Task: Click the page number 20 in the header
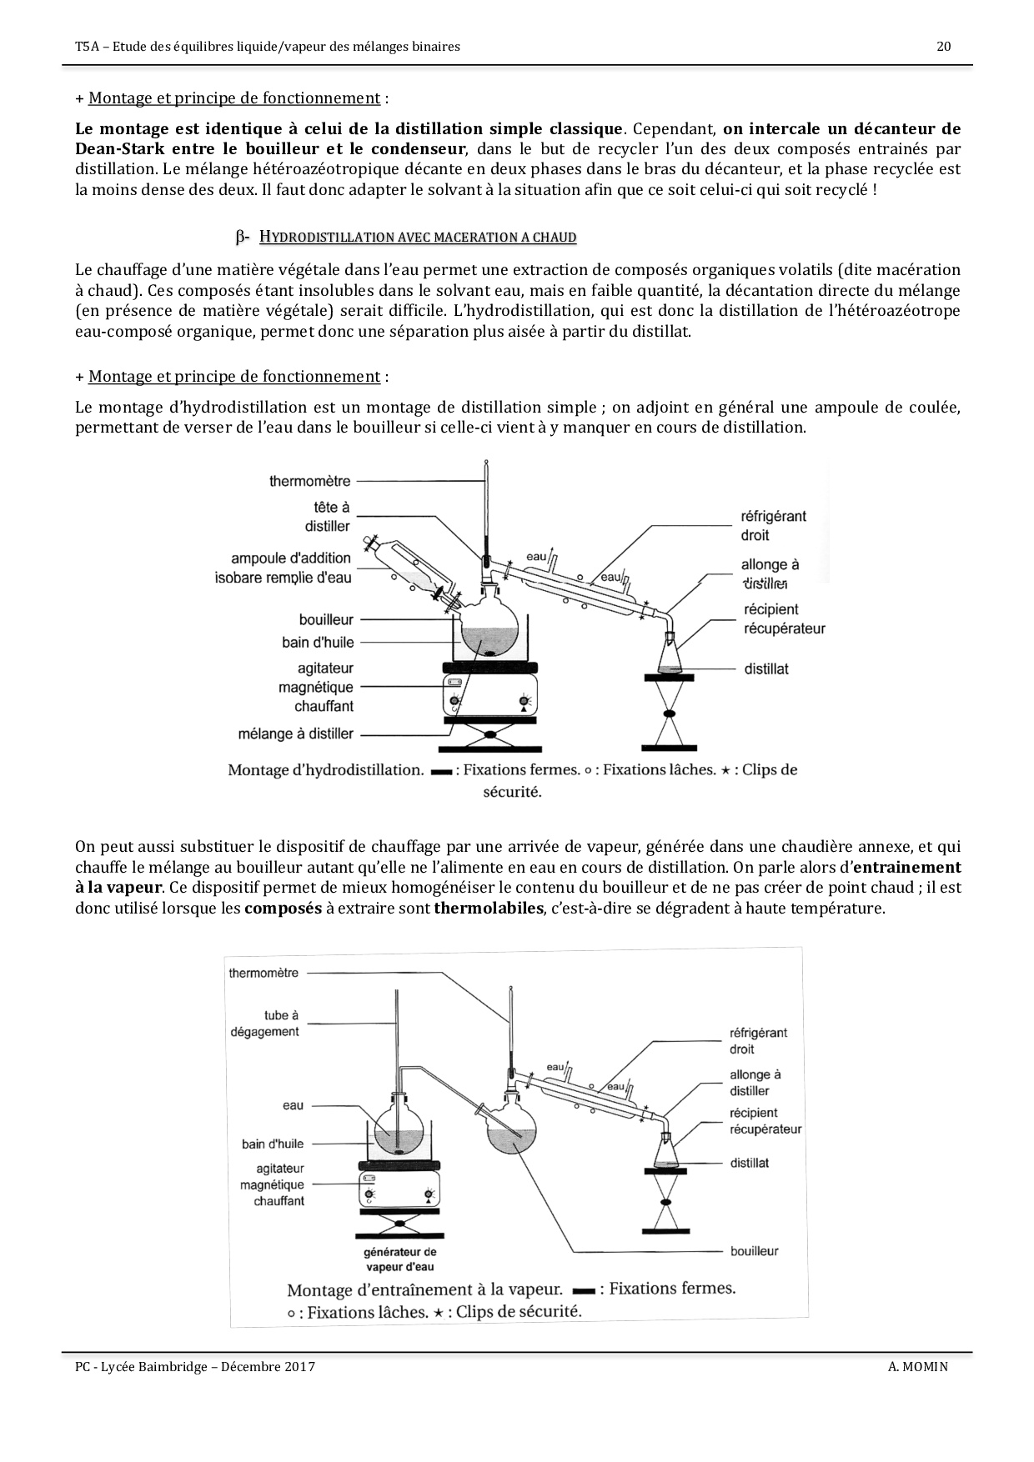coord(944,47)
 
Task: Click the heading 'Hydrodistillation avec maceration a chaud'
coord(418,238)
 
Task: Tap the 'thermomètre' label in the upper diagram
coord(310,481)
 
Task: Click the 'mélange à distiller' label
coord(296,734)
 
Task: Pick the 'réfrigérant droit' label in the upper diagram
coord(773,525)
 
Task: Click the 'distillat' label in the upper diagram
coord(765,668)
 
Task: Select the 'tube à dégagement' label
coord(264,1024)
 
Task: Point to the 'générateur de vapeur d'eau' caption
coord(400,1259)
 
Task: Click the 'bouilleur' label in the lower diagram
coord(754,1250)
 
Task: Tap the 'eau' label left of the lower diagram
coord(293,1105)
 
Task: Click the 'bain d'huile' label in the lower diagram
coord(273,1144)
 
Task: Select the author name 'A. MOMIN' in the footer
coord(917,1367)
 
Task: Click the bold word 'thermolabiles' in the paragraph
coord(489,908)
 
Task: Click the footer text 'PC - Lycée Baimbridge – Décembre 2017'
coord(195,1367)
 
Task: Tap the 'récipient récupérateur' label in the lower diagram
coord(765,1121)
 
